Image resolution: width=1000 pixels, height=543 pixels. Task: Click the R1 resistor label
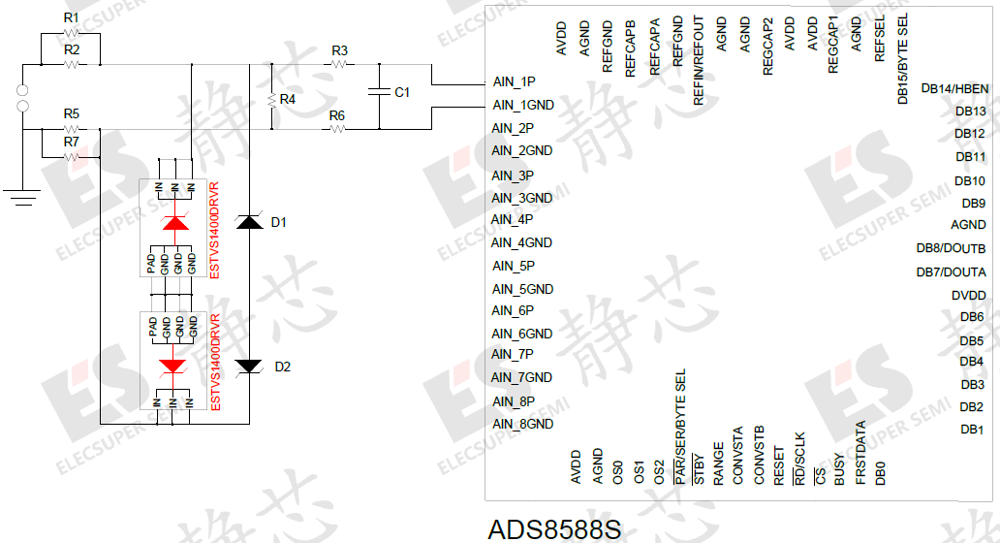pyautogui.click(x=71, y=18)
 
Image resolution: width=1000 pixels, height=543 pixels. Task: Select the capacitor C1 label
pyautogui.click(x=402, y=92)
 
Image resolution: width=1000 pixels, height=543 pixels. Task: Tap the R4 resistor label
pyautogui.click(x=287, y=99)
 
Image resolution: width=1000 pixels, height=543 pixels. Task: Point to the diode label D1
pyautogui.click(x=279, y=222)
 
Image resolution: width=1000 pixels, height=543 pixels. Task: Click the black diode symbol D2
pyautogui.click(x=251, y=366)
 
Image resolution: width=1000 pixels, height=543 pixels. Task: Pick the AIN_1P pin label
pyautogui.click(x=514, y=81)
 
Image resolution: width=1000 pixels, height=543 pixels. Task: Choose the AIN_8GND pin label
pyautogui.click(x=522, y=424)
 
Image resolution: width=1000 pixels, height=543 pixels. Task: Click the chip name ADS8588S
pyautogui.click(x=553, y=529)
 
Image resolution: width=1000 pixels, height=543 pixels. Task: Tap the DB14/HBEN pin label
pyautogui.click(x=954, y=88)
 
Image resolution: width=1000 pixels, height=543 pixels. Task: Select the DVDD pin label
pyautogui.click(x=968, y=296)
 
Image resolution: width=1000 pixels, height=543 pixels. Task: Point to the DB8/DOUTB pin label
pyautogui.click(x=951, y=248)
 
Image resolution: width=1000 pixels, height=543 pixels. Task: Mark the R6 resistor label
pyautogui.click(x=337, y=115)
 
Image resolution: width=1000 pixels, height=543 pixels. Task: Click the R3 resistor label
pyautogui.click(x=339, y=50)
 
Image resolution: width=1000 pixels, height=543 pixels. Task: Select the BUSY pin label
pyautogui.click(x=839, y=467)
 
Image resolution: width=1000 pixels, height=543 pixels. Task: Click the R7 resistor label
pyautogui.click(x=71, y=142)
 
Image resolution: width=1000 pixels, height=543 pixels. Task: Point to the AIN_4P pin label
pyautogui.click(x=513, y=219)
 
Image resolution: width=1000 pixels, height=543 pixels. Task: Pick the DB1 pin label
pyautogui.click(x=972, y=430)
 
